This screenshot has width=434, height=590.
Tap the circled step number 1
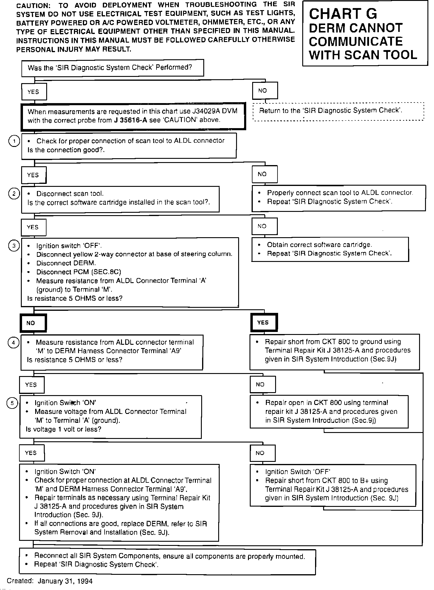click(14, 141)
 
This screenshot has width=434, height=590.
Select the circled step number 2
click(14, 194)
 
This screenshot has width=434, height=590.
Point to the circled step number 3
click(14, 246)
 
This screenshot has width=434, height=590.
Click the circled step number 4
click(13, 342)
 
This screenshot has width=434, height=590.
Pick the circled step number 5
click(12, 403)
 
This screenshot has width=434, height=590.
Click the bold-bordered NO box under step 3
click(33, 323)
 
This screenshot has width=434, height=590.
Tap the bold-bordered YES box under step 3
click(264, 322)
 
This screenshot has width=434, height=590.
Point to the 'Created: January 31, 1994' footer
click(50, 581)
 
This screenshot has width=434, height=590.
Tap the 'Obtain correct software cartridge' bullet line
click(319, 245)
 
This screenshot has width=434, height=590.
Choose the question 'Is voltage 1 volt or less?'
click(63, 429)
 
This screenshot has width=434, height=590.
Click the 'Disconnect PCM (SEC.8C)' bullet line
click(79, 272)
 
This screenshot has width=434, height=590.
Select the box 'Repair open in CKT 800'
click(329, 412)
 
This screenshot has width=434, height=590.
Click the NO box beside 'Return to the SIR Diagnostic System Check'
click(265, 91)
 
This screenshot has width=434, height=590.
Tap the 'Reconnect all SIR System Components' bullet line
click(170, 556)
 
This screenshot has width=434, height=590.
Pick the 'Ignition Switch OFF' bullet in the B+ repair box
click(297, 472)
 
